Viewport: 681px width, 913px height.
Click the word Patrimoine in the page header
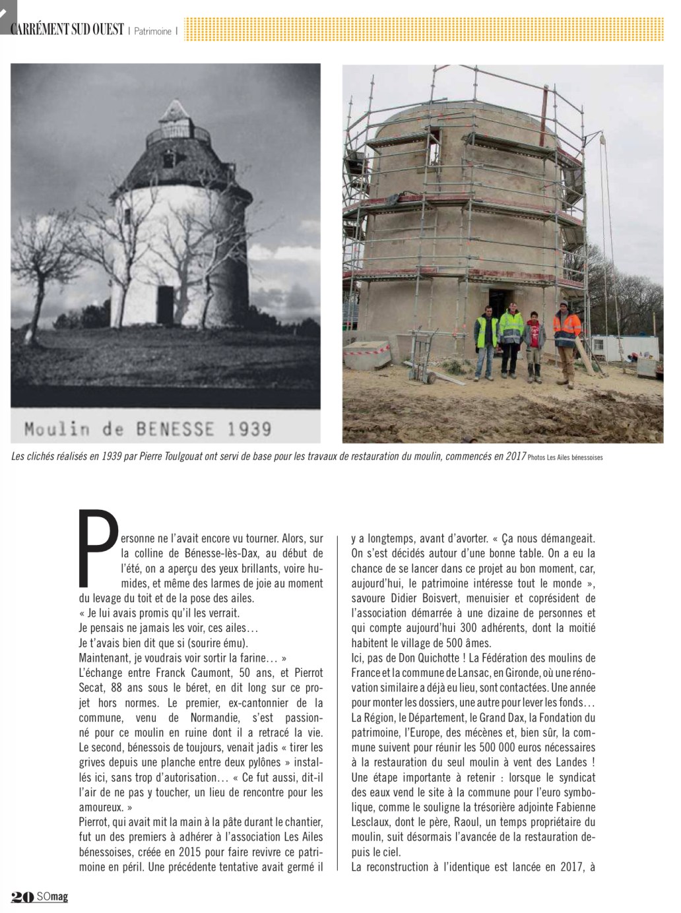coord(153,30)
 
